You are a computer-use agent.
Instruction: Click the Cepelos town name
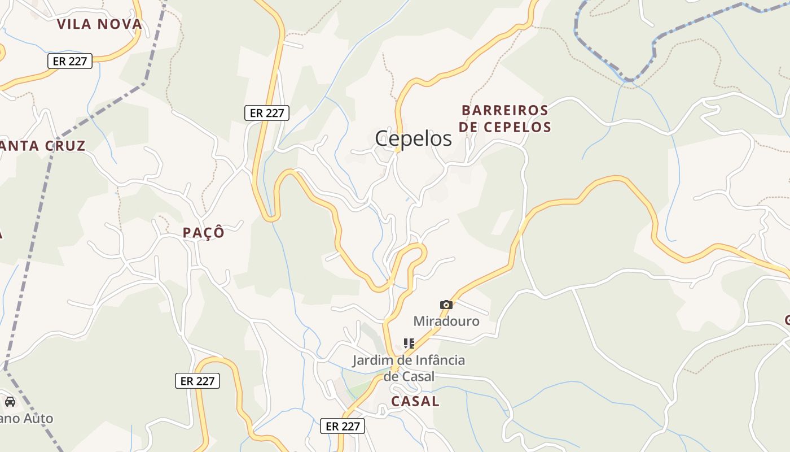pos(413,138)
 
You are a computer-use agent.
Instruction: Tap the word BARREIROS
pos(504,110)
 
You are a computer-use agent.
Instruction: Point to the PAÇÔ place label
pos(203,233)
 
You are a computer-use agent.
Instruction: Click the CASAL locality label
pos(415,401)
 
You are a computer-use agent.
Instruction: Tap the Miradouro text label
pos(446,321)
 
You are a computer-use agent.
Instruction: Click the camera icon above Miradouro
pos(446,305)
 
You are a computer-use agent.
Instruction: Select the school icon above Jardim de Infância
pos(409,344)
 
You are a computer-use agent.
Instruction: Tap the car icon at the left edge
pos(10,402)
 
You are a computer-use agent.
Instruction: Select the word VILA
pos(75,24)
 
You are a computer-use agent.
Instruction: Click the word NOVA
pos(120,24)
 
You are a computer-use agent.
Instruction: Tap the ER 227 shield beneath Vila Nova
pos(69,61)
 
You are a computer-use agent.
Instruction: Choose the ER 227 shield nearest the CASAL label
pos(342,426)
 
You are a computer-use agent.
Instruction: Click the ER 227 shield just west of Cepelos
pos(266,113)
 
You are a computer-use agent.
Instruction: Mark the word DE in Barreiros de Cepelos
pos(468,127)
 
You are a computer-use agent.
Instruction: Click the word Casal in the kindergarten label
pos(418,376)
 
